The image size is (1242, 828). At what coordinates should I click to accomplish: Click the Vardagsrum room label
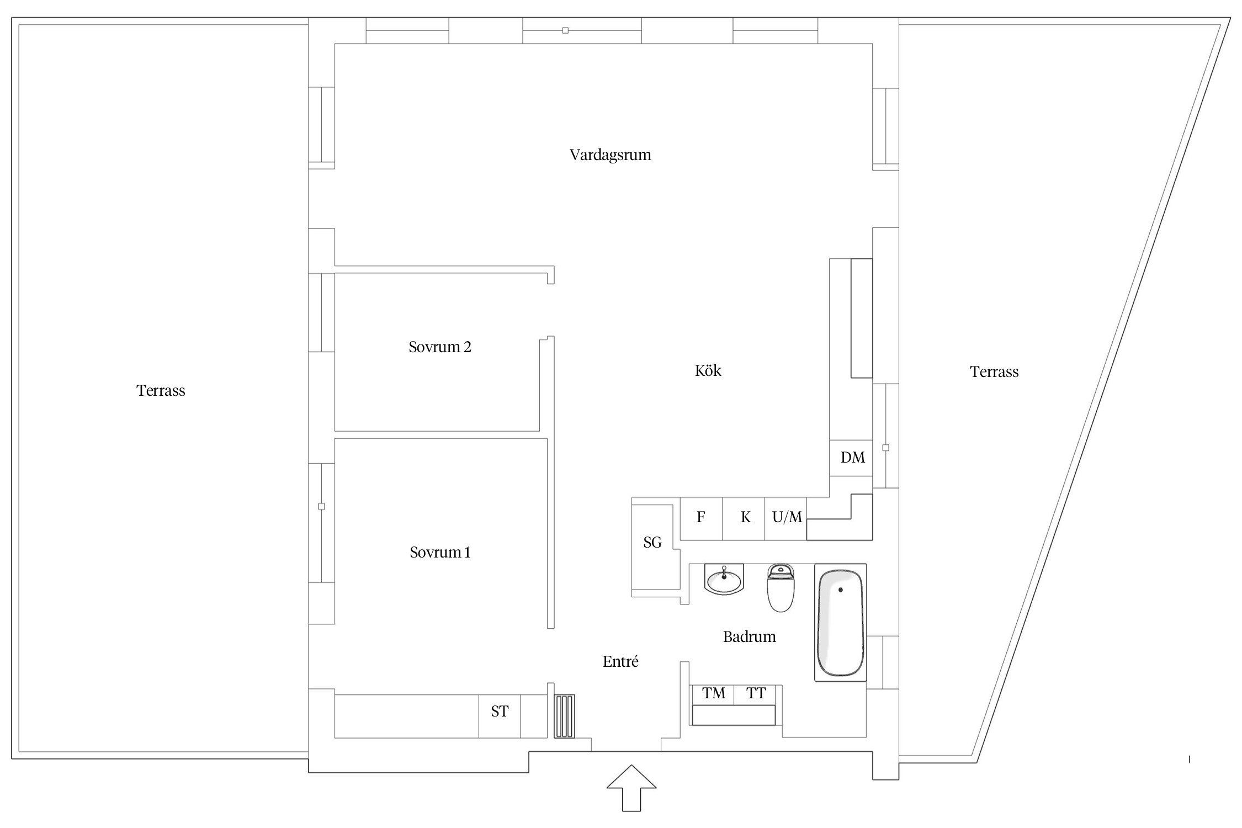[610, 155]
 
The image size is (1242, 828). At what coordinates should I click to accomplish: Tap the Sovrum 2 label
[440, 347]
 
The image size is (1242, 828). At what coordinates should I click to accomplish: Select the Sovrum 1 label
[440, 553]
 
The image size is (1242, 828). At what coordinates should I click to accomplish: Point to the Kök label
[708, 370]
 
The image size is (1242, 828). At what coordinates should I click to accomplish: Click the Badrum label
[749, 637]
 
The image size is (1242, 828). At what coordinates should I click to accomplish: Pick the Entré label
[620, 661]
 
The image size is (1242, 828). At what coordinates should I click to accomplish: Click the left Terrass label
[161, 391]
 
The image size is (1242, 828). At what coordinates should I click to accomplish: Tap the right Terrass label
[994, 372]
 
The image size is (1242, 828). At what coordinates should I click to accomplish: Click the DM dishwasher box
[851, 458]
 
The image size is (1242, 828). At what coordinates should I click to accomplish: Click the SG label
[652, 543]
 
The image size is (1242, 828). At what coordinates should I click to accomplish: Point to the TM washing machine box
[713, 694]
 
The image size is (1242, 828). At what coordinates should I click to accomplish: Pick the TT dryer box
[755, 694]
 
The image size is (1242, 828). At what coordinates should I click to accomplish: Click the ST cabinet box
[500, 716]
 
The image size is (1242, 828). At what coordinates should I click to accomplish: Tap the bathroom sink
[724, 579]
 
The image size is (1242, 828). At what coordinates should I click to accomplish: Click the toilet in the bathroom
[781, 588]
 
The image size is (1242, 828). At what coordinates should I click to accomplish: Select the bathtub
[840, 623]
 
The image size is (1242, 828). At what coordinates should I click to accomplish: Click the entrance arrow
[631, 788]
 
